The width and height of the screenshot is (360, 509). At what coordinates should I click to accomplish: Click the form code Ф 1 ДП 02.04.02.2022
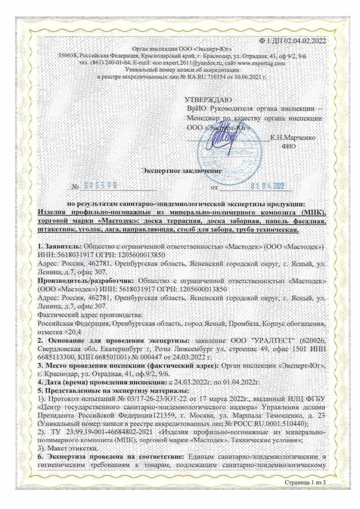(x=295, y=40)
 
